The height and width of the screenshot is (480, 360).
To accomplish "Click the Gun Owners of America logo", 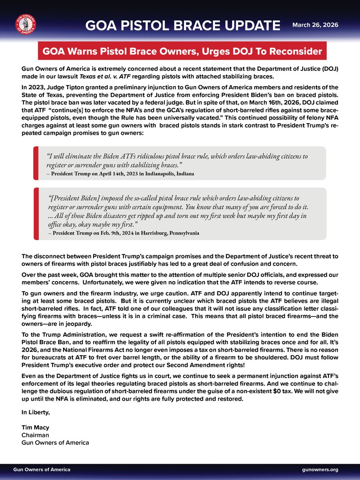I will pyautogui.click(x=25, y=25).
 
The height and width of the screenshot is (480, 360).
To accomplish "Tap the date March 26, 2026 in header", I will pyautogui.click(x=315, y=25).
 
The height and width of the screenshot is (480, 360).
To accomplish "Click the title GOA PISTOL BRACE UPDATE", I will pyautogui.click(x=183, y=26).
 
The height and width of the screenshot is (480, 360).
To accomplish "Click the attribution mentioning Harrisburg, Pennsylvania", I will pyautogui.click(x=126, y=232).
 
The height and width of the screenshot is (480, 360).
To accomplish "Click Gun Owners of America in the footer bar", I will pyautogui.click(x=42, y=469).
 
